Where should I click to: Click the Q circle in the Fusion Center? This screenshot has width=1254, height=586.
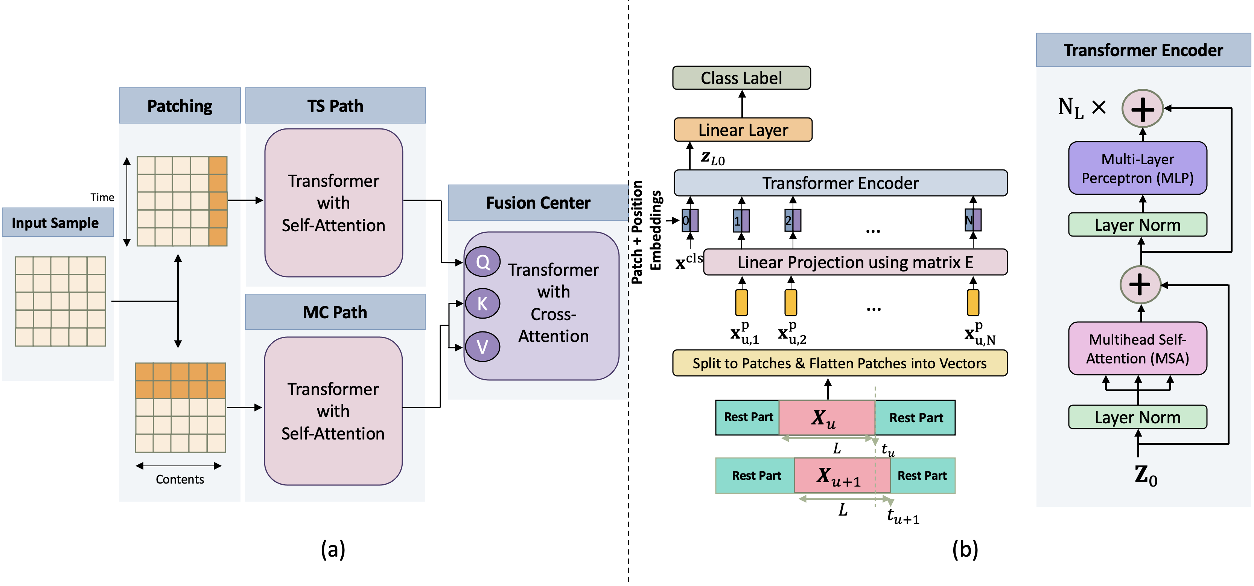(482, 262)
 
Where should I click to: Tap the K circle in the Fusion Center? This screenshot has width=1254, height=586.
(482, 304)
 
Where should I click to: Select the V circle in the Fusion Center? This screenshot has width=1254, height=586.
(482, 347)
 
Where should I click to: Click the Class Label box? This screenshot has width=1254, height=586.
(741, 78)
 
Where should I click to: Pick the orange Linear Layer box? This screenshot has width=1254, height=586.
(743, 130)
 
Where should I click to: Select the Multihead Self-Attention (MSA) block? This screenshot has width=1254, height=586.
(1137, 349)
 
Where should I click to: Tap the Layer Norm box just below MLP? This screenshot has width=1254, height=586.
(1137, 225)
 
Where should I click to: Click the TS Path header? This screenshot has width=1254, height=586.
(335, 106)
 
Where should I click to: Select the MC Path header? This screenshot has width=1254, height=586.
(335, 312)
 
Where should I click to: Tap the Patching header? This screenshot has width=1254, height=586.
(180, 106)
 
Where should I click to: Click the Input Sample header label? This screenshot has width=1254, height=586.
(55, 223)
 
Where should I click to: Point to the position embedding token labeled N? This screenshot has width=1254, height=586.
(972, 220)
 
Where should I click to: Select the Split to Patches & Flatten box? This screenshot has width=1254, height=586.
(839, 363)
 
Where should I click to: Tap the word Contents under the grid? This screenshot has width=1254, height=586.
(180, 479)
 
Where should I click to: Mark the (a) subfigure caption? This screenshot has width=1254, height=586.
(333, 549)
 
